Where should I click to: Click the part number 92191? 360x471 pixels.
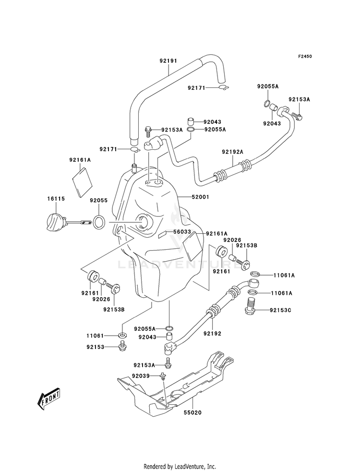[168, 60]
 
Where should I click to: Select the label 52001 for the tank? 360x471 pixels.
[201, 197]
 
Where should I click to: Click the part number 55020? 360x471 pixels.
[192, 413]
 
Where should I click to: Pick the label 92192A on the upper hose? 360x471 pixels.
[232, 152]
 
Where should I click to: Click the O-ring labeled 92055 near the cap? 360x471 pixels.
[99, 222]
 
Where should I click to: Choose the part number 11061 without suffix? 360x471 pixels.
[95, 336]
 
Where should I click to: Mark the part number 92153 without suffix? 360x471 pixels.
[95, 347]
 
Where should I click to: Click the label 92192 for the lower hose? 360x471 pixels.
[212, 333]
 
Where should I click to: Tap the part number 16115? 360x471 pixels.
[56, 199]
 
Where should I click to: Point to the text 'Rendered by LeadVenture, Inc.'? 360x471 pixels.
[180, 467]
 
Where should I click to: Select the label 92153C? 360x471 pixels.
[280, 310]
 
